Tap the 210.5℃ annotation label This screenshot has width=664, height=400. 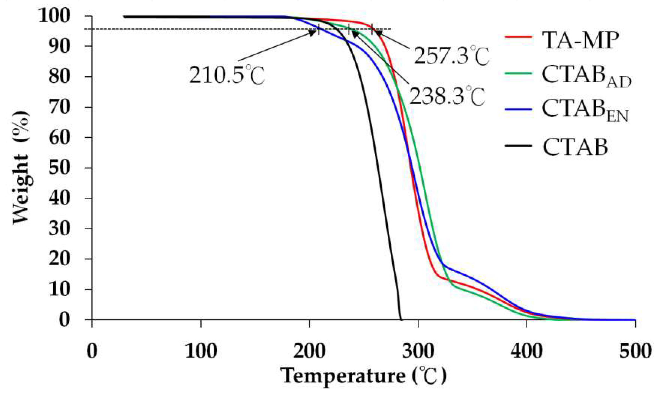(227, 75)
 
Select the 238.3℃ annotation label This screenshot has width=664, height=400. (447, 96)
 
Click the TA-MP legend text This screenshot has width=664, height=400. (580, 40)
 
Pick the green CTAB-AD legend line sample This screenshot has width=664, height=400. (518, 73)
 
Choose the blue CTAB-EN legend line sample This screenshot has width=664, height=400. (518, 109)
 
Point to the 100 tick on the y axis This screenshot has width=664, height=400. (54, 16)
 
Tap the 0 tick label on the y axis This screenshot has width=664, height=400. (64, 320)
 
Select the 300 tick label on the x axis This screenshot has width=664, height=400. (418, 351)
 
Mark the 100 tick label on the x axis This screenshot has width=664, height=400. (201, 351)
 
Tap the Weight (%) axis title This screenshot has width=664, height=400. (21, 167)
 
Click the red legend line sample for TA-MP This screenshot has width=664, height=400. (518, 37)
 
